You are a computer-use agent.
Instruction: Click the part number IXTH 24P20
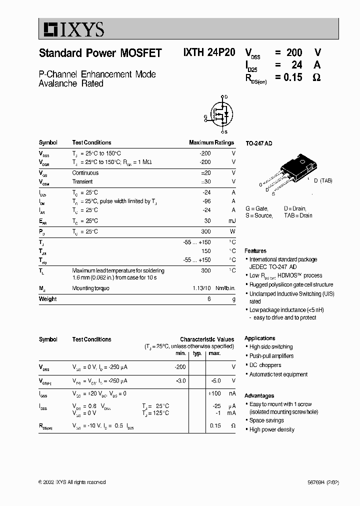click(208, 53)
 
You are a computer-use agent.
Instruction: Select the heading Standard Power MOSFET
click(100, 53)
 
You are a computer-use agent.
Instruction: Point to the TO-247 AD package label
click(258, 143)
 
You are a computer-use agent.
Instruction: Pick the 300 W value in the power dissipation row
click(206, 232)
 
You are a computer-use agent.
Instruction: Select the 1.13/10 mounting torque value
click(202, 288)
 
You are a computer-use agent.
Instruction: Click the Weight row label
click(47, 299)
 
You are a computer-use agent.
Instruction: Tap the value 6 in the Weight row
click(209, 299)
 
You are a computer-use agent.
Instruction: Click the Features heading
click(255, 251)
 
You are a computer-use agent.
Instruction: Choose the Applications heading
click(260, 338)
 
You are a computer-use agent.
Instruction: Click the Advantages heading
click(259, 395)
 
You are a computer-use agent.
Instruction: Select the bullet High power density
click(271, 429)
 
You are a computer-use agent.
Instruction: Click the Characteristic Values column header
click(207, 339)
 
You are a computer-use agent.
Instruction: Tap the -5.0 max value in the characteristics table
click(215, 380)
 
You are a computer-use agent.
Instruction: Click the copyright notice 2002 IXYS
click(72, 482)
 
